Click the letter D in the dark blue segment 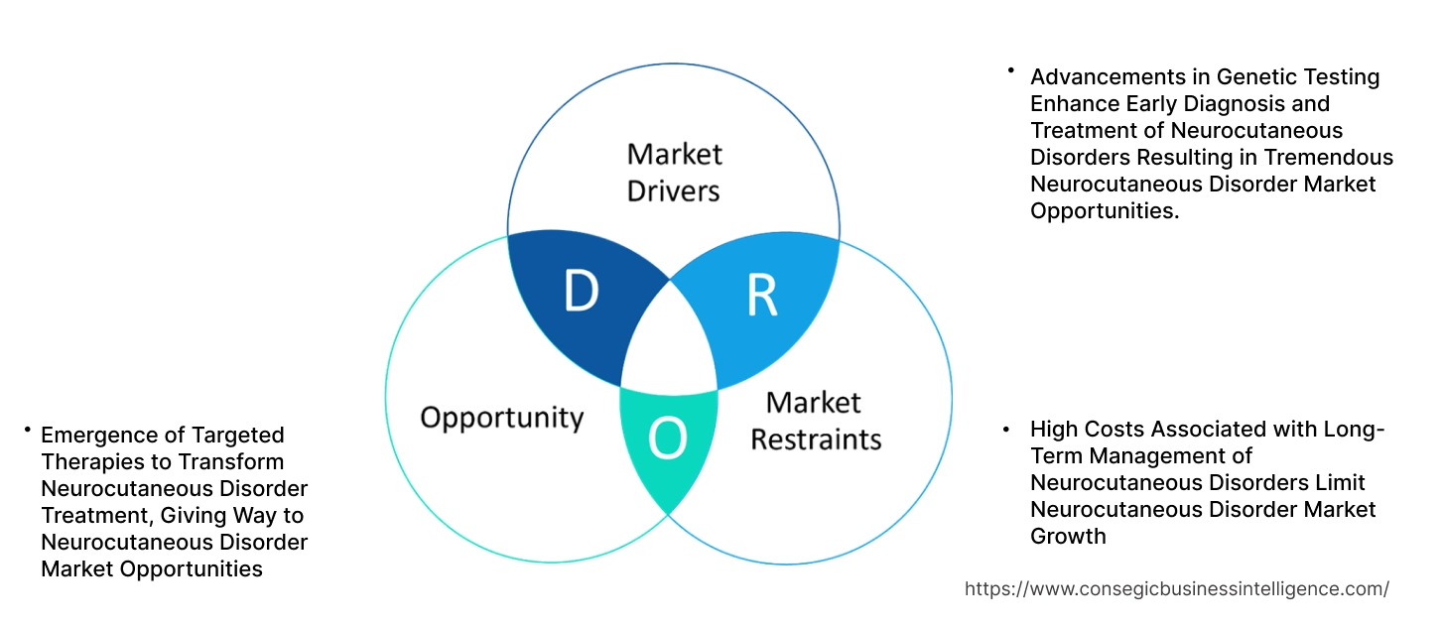coord(581,291)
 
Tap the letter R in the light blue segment coord(761,296)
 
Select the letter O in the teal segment coord(667,440)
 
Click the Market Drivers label coord(675,172)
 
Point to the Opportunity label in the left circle coord(501,417)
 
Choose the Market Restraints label coord(815,420)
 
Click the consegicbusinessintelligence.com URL coord(1176,588)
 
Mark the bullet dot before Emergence coord(28,430)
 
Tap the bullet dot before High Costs coord(1006,430)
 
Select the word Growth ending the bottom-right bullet coord(1068,536)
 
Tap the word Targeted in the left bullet coord(242,435)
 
